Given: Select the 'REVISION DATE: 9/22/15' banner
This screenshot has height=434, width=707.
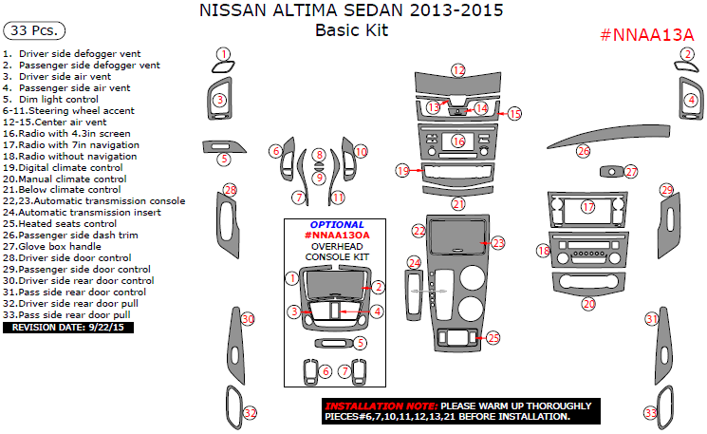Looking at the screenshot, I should click(68, 327).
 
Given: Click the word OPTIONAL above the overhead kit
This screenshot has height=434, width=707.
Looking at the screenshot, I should click(337, 225).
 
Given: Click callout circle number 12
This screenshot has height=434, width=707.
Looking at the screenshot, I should click(458, 70).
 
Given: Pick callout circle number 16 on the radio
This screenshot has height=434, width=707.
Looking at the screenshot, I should click(458, 142).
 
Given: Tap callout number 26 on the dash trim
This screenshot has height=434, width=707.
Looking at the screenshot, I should click(584, 151).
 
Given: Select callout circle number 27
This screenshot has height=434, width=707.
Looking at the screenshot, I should click(632, 172).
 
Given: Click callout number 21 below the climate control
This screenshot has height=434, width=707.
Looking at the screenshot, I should click(458, 204).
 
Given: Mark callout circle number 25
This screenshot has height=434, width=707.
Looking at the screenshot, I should click(493, 337).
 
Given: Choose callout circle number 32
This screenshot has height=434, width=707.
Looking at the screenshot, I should click(250, 413).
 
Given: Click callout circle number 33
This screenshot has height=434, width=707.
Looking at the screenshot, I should click(651, 413).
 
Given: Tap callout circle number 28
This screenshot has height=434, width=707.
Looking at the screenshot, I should click(230, 191).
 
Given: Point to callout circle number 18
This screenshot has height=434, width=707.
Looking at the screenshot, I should click(543, 251).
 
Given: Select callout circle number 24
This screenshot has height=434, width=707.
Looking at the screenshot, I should click(414, 262).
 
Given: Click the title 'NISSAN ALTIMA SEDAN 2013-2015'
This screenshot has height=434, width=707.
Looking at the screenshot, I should click(352, 11).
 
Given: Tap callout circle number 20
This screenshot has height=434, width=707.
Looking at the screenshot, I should click(588, 304).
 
